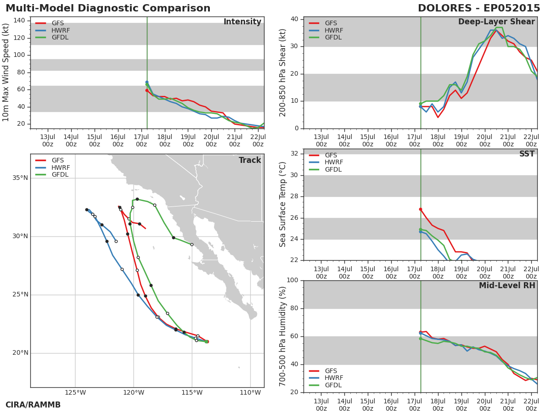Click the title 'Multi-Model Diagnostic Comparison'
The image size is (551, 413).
click(x=108, y=8)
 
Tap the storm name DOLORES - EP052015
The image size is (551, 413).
click(x=479, y=8)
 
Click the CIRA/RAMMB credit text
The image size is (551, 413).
click(x=33, y=405)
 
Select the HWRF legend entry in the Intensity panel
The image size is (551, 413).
click(x=52, y=30)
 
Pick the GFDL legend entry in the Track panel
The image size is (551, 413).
click(x=52, y=174)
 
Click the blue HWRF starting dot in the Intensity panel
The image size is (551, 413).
click(x=147, y=82)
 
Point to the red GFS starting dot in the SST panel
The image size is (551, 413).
click(x=421, y=209)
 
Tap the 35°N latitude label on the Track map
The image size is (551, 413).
click(x=20, y=178)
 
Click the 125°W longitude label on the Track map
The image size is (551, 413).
click(x=75, y=392)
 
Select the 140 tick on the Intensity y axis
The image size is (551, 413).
click(x=19, y=21)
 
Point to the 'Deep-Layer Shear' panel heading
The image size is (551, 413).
click(x=496, y=22)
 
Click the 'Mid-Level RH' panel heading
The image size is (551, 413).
click(x=507, y=285)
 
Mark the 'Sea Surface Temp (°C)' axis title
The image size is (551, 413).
click(x=282, y=205)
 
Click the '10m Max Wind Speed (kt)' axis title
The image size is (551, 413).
click(x=6, y=73)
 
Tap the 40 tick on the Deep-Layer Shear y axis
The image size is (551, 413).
click(x=295, y=19)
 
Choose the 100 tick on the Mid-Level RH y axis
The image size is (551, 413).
click(x=292, y=280)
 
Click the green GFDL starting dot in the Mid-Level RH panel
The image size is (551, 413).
click(x=421, y=339)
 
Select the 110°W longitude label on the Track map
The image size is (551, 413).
click(x=250, y=392)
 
